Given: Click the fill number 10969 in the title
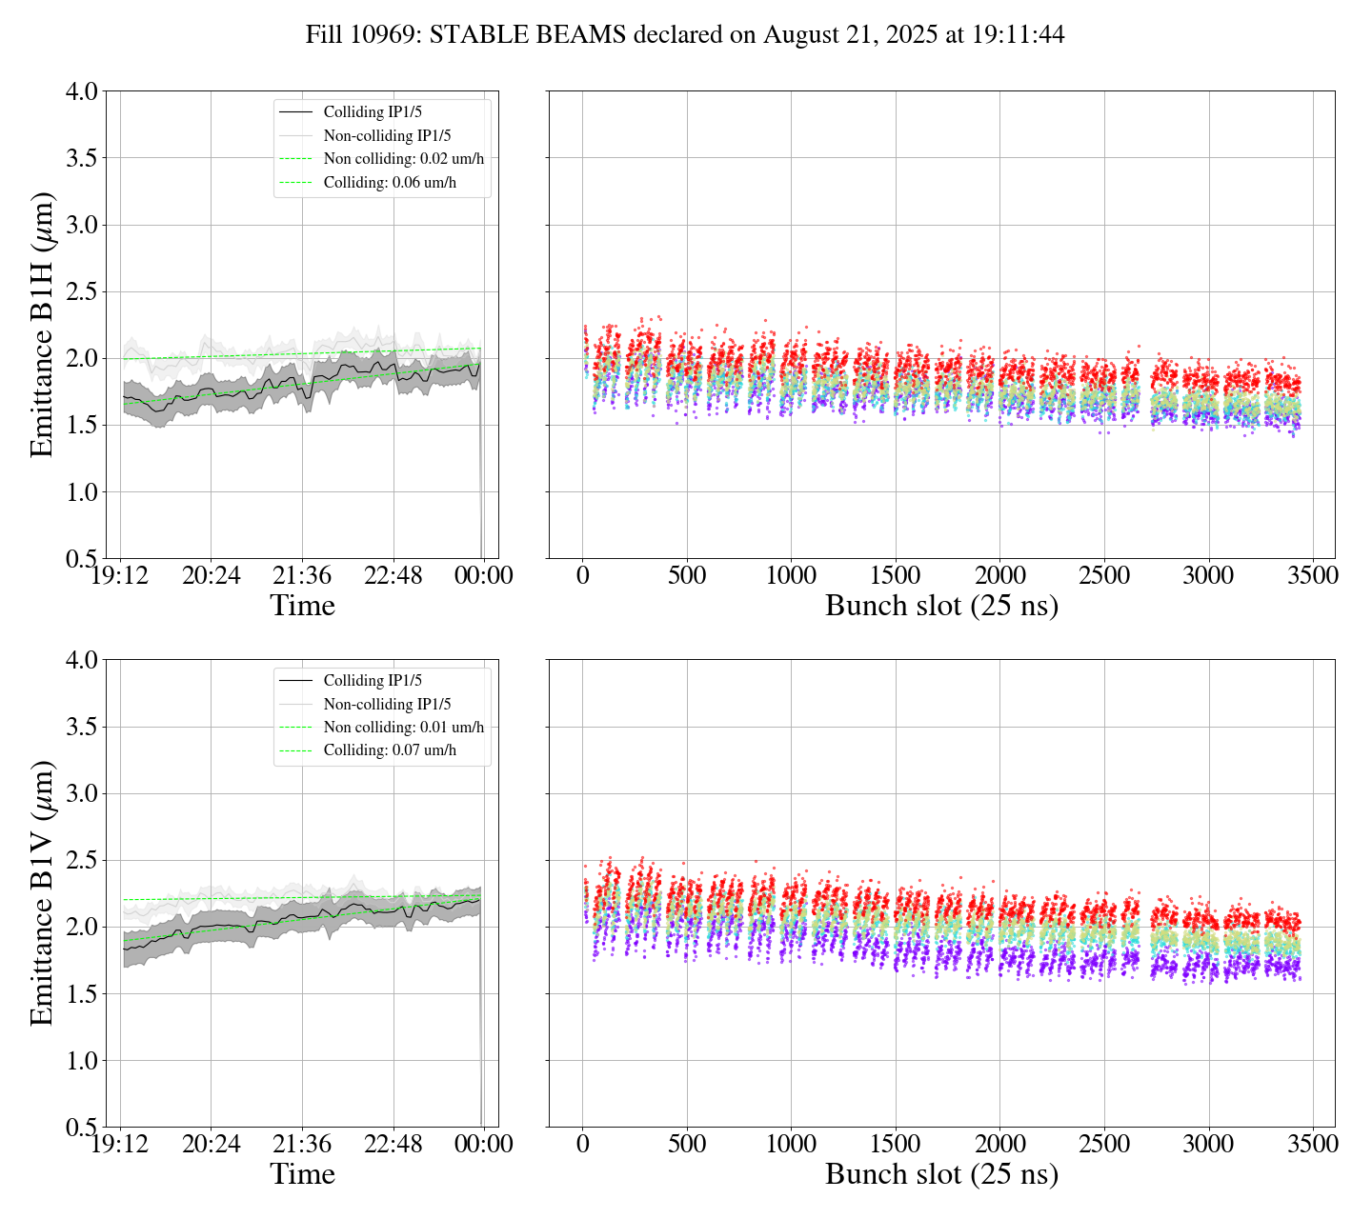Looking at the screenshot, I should tap(386, 35).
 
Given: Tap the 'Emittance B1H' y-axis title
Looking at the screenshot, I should tap(42, 325).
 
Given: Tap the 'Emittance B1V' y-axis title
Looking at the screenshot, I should tap(42, 892).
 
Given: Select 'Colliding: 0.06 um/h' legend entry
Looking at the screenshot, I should tap(390, 182).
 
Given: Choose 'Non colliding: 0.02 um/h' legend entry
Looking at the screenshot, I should tap(403, 159).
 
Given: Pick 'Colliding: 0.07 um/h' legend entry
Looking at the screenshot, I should tap(390, 750).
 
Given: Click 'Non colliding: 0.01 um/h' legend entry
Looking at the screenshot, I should tap(403, 728).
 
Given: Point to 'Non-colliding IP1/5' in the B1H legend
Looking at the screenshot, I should tap(387, 136).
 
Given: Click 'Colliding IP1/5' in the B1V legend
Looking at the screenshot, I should tap(373, 681).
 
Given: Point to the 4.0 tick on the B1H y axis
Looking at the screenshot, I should tap(81, 91).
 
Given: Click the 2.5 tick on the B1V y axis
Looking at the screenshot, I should tap(81, 860).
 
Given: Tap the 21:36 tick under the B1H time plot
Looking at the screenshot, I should tap(302, 576).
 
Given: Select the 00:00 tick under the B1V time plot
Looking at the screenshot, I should tap(484, 1144).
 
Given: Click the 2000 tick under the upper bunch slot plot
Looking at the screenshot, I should tap(999, 576).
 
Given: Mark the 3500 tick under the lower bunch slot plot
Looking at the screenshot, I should tap(1313, 1144).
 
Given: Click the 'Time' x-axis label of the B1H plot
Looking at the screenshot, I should tap(302, 606).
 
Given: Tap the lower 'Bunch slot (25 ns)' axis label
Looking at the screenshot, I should tap(941, 1174).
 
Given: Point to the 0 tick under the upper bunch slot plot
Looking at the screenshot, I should tap(583, 576).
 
